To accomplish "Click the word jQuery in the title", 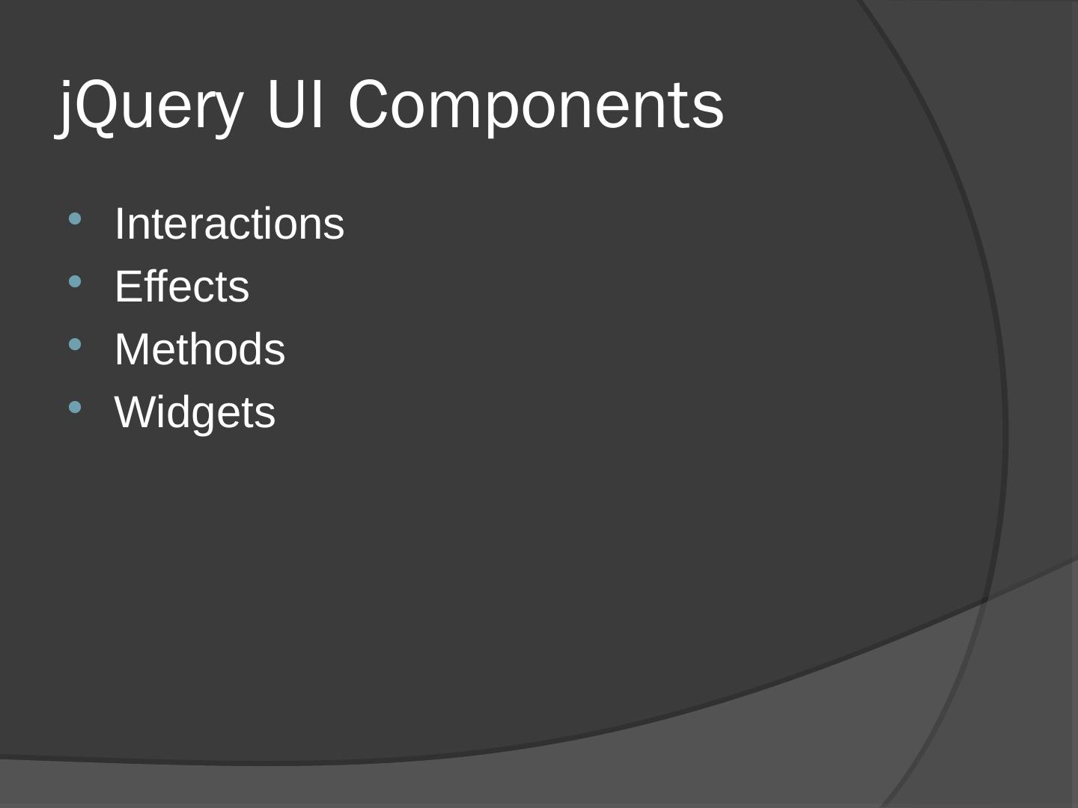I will pyautogui.click(x=150, y=105).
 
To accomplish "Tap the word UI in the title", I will pyautogui.click(x=295, y=105).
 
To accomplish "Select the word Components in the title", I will pyautogui.click(x=536, y=105).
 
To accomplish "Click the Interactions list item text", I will pyautogui.click(x=229, y=224).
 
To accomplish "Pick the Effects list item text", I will pyautogui.click(x=181, y=287).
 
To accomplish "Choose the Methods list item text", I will pyautogui.click(x=199, y=349).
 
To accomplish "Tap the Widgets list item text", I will pyautogui.click(x=195, y=412).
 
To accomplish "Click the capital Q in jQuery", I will pyautogui.click(x=99, y=105).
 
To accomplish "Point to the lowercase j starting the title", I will pyautogui.click(x=66, y=108).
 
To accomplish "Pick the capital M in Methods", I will pyautogui.click(x=133, y=349).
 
